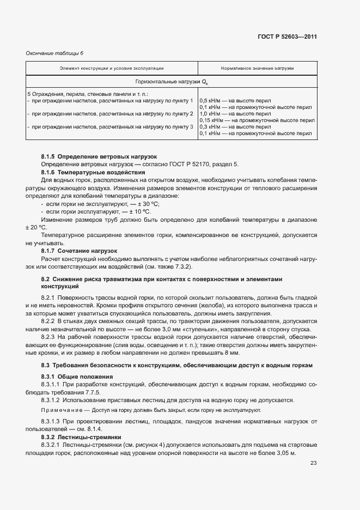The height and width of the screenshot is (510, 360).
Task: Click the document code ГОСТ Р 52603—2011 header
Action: pyautogui.click(x=287, y=37)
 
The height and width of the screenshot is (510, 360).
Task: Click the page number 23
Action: pyautogui.click(x=313, y=464)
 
